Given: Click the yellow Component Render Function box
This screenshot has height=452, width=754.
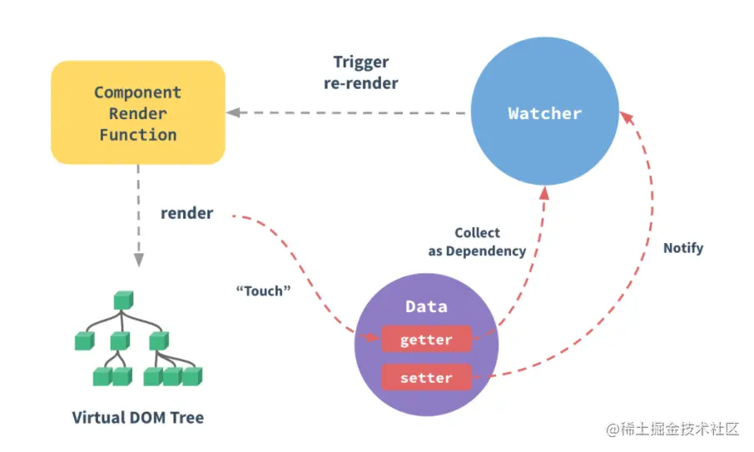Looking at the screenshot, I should coord(137,112).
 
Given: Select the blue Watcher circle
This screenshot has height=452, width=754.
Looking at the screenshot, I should coord(544,113).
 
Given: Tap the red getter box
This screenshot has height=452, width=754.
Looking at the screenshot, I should coord(426,340).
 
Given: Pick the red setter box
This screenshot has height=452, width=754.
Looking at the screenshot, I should coord(426,378).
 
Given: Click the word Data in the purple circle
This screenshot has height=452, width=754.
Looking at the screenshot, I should coord(426,306).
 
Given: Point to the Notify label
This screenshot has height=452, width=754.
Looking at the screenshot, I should coord(683,248).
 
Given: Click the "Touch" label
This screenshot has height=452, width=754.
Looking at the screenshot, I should coord(263,291).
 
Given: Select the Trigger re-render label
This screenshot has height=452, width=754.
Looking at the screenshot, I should coord(361,72).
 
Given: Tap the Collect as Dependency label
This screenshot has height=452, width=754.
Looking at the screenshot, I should coord(477,242).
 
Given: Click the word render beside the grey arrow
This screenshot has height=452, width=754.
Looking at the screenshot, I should coord(187,213).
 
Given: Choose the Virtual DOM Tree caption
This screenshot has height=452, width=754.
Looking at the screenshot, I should coord(137,417).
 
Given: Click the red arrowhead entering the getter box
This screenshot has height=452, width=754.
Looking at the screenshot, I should coord(374,338).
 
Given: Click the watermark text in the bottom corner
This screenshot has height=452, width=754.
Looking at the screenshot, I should coord(672,430).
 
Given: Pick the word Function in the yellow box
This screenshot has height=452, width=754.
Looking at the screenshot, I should coord(137,134).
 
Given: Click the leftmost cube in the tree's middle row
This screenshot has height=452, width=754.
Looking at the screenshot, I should coord(83,340).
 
